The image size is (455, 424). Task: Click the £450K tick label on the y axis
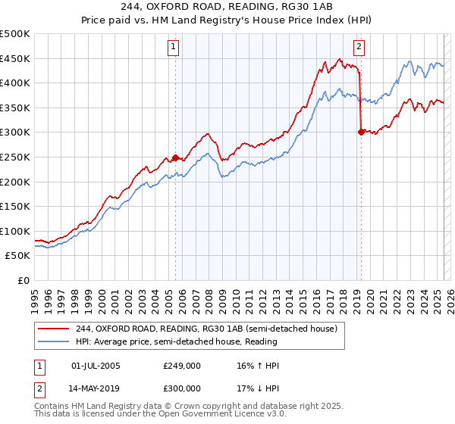tap(15, 58)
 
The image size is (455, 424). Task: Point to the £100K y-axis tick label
tap(15, 231)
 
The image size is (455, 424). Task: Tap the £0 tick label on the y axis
tap(24, 280)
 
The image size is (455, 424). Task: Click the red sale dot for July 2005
tap(175, 157)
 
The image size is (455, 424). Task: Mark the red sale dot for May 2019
tap(361, 132)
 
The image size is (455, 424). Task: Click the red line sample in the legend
tap(54, 329)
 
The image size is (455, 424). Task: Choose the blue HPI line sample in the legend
tap(54, 341)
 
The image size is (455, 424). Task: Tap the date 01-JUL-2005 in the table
tap(96, 366)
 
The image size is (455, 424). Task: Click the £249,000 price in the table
tap(182, 366)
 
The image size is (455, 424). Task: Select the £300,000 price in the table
tap(182, 388)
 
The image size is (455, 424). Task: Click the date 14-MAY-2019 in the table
tap(96, 388)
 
